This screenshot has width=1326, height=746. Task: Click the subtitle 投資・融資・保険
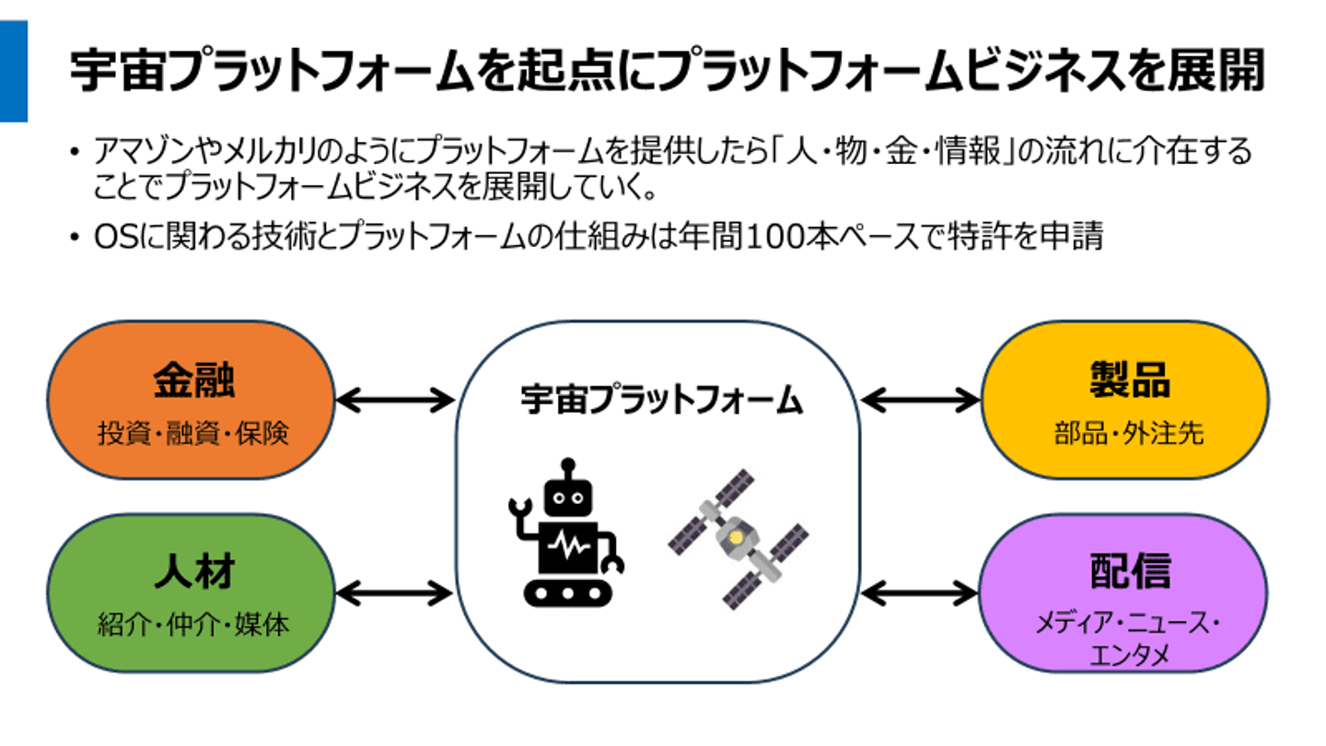[193, 433]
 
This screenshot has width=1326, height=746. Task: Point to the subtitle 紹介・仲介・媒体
[193, 625]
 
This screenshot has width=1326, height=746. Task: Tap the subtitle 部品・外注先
[1129, 433]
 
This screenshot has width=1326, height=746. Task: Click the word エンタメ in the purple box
[1129, 656]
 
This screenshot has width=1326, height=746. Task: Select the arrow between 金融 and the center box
[394, 401]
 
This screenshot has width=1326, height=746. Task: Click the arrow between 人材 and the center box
[394, 592]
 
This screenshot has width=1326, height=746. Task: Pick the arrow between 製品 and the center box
[919, 401]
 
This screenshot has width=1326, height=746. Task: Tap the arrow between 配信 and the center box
[919, 592]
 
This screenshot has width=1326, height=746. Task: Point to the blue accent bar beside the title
[13, 71]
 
